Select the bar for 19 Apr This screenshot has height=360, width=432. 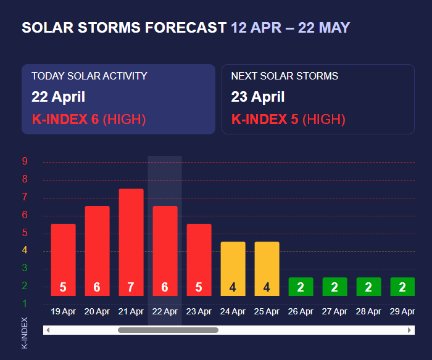click(x=63, y=260)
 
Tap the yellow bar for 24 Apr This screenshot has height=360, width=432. click(x=233, y=268)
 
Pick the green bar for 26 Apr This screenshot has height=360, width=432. click(x=301, y=287)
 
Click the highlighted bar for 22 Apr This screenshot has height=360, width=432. click(x=165, y=250)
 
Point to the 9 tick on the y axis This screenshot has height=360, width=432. click(x=25, y=162)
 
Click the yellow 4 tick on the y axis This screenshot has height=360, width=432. click(x=25, y=250)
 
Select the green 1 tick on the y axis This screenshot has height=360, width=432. click(x=25, y=303)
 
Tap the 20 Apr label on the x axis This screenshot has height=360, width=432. click(x=97, y=312)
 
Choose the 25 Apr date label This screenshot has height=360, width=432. click(x=267, y=312)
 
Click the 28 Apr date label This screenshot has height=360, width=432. click(x=368, y=312)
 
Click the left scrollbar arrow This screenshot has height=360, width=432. click(x=48, y=330)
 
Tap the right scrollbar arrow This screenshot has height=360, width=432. click(x=409, y=330)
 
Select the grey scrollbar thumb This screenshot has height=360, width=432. click(x=168, y=330)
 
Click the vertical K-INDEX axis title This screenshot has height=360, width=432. click(x=25, y=333)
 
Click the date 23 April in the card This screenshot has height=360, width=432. click(x=258, y=97)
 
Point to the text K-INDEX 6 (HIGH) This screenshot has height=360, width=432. click(x=88, y=120)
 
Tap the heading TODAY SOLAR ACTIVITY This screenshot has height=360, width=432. click(x=89, y=76)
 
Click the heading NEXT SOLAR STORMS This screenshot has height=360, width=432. click(x=285, y=76)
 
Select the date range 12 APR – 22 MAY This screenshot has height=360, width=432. click(x=290, y=28)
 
